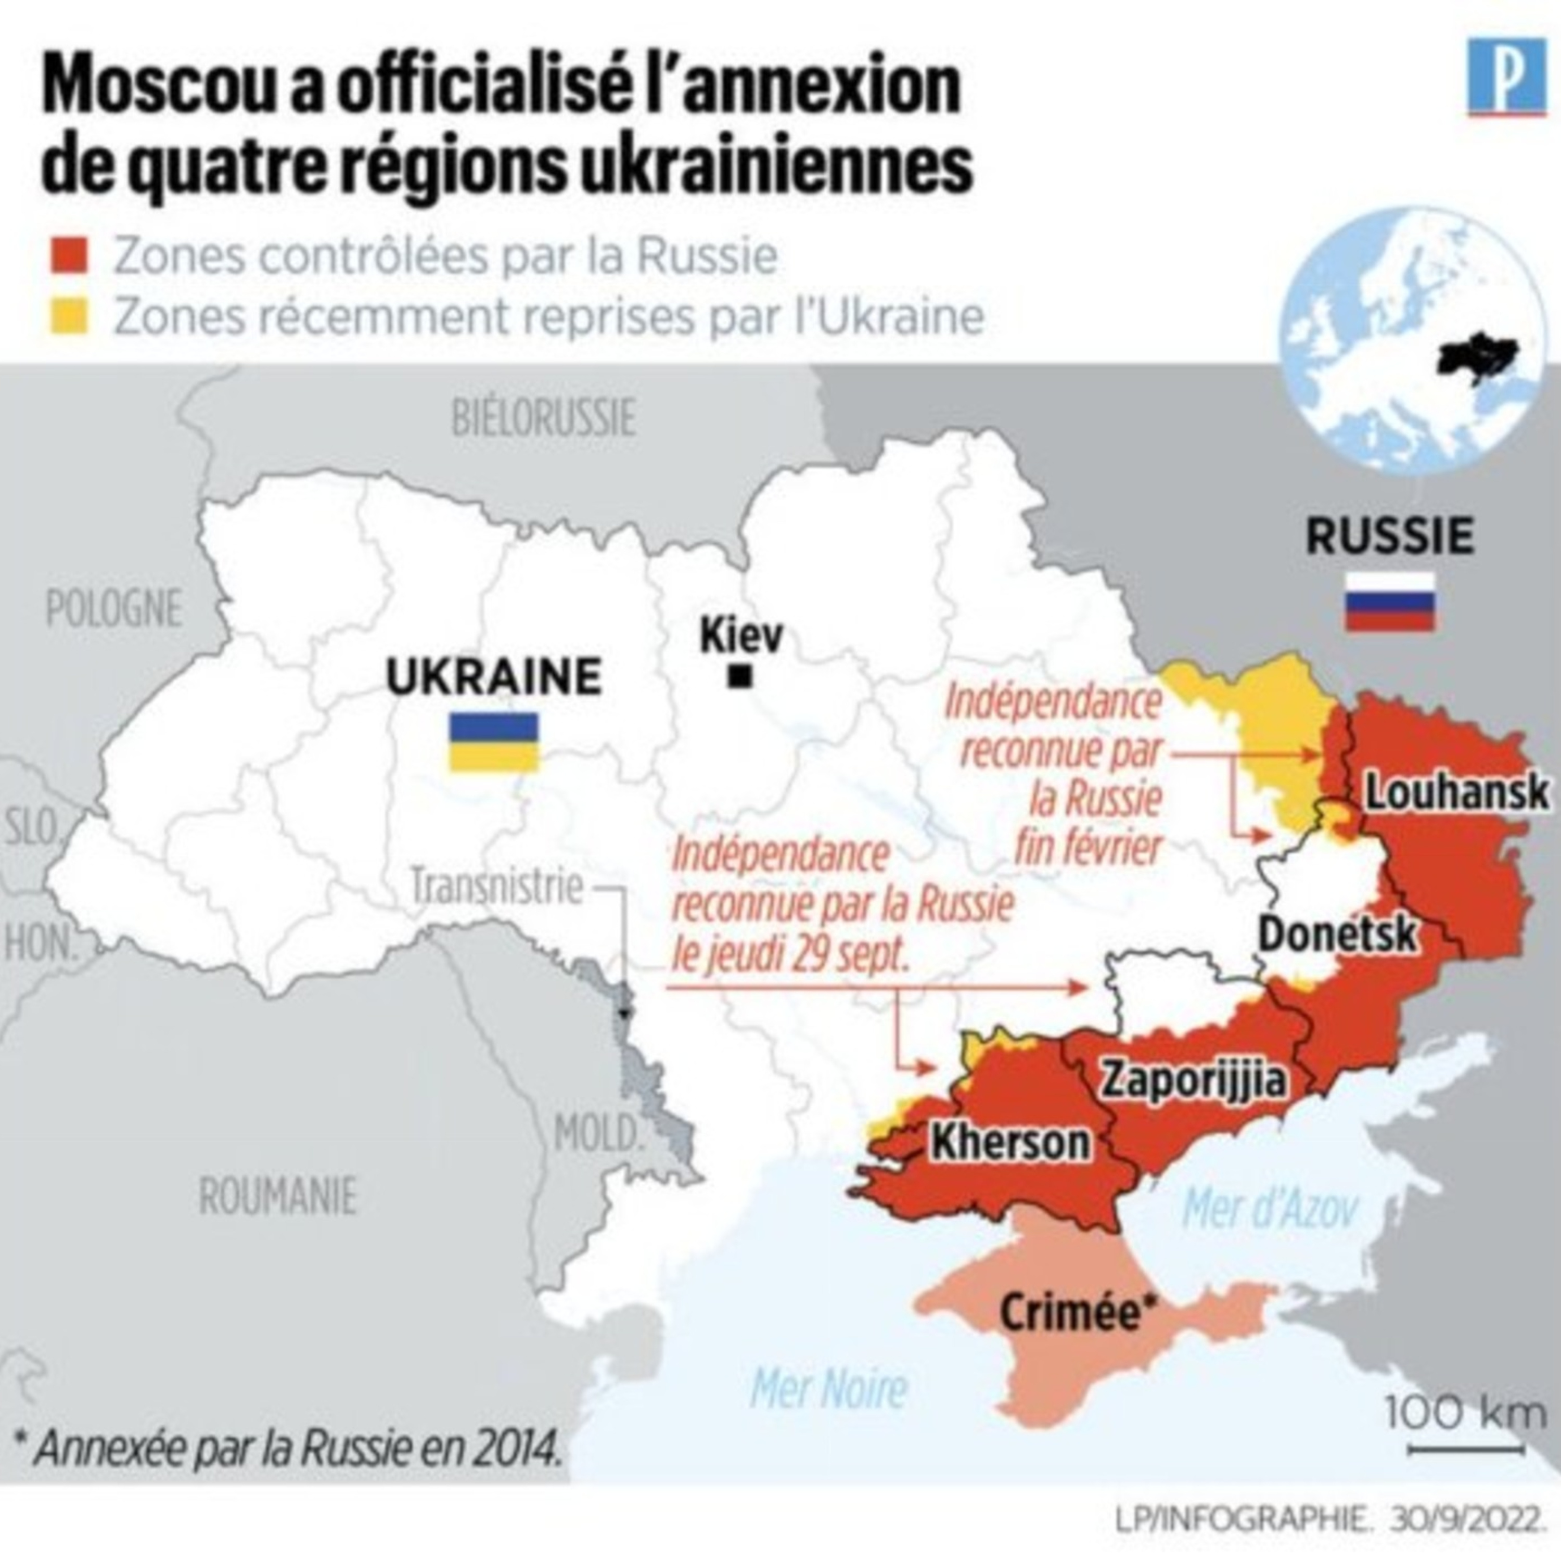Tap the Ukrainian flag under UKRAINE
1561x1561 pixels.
(x=494, y=741)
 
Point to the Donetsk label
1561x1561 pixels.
(x=1337, y=935)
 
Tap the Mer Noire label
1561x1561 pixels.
(x=829, y=1390)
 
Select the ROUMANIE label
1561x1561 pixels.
(x=277, y=1197)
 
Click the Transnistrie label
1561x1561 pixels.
(x=497, y=886)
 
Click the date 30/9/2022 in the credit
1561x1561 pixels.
(x=1463, y=1520)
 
